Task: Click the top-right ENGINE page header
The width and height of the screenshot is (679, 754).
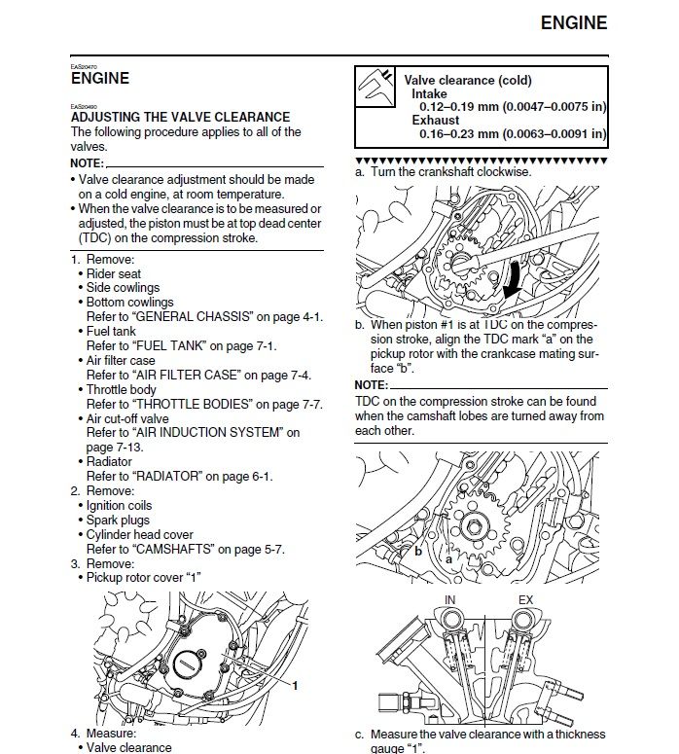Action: (x=573, y=22)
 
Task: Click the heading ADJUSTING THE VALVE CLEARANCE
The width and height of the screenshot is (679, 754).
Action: (x=180, y=117)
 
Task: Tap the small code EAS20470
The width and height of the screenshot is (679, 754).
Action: (x=83, y=65)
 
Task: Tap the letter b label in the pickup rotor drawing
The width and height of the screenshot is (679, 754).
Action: (x=418, y=551)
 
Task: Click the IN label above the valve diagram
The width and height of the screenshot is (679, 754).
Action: (x=449, y=599)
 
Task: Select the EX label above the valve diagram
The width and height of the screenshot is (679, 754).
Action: (x=525, y=599)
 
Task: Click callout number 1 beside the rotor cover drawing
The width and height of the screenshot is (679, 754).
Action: (x=295, y=685)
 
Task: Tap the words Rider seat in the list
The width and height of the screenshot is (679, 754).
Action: (x=114, y=274)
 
